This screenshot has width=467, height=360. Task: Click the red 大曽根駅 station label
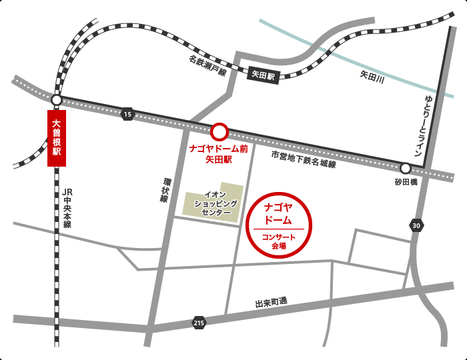[57, 138]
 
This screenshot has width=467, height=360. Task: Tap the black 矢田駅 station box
[262, 75]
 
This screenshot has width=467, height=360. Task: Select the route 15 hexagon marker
[127, 115]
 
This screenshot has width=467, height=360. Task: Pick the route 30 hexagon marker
[416, 226]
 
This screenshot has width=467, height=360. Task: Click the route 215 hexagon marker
[198, 323]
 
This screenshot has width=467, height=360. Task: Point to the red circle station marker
[219, 131]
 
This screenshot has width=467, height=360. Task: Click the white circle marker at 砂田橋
[405, 169]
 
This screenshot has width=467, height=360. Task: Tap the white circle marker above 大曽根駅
[57, 100]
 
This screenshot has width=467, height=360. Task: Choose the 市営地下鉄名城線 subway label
[304, 159]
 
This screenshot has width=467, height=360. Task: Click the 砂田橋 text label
[405, 182]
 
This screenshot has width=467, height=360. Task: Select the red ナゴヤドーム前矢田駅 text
[218, 154]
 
